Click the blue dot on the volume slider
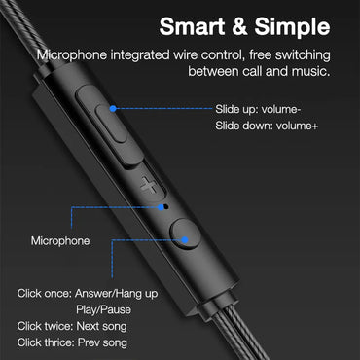(113, 109)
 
